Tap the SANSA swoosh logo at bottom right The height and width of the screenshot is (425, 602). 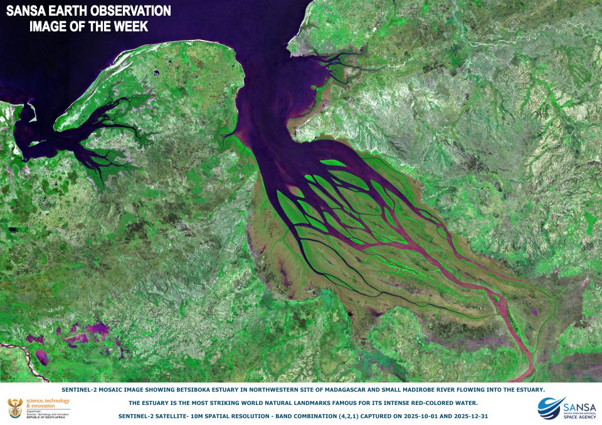[551, 406]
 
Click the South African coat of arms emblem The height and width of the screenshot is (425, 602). [14, 409]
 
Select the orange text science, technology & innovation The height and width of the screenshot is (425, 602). [48, 402]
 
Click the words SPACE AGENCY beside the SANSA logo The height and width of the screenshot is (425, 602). [582, 416]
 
